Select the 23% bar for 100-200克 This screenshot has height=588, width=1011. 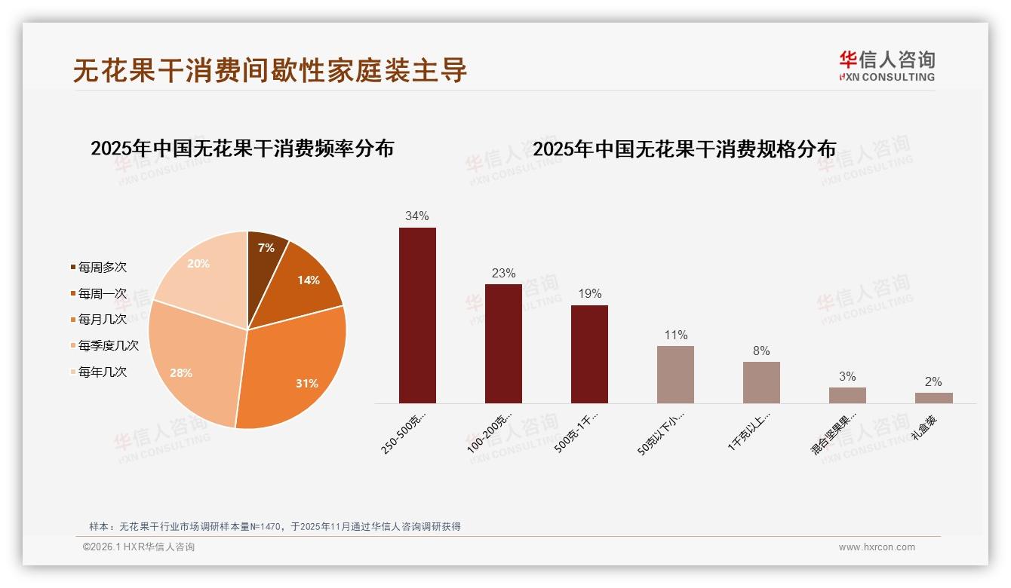503,344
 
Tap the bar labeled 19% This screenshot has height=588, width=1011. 589,354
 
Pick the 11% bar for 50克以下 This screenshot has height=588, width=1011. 675,375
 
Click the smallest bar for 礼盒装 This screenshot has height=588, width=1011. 933,398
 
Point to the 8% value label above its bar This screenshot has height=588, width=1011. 761,351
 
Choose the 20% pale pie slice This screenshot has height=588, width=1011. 204,271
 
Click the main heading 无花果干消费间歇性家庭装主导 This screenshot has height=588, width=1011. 270,71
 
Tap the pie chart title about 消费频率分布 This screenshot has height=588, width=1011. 242,149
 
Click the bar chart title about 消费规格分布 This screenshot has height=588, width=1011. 684,149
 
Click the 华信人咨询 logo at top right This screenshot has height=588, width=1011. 887,66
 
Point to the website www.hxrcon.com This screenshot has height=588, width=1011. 877,547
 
